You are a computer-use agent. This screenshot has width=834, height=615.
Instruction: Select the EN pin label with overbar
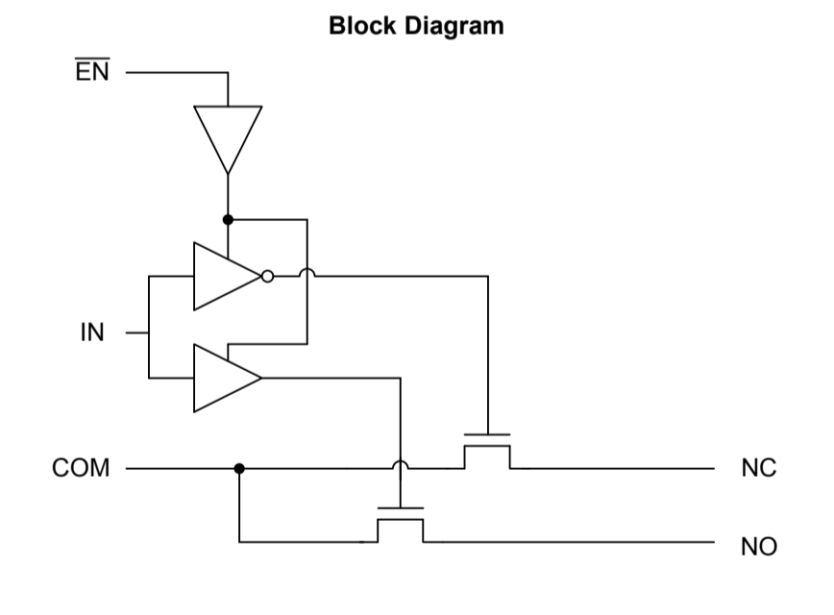pyautogui.click(x=92, y=72)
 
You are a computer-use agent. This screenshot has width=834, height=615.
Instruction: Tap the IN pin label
pyautogui.click(x=91, y=334)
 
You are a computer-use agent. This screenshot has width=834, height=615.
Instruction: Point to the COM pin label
pyautogui.click(x=82, y=469)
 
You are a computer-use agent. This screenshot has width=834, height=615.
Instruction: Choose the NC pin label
pyautogui.click(x=758, y=469)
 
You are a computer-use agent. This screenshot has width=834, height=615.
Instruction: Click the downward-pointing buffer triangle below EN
pyautogui.click(x=228, y=134)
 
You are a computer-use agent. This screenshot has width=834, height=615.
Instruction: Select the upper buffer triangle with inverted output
pyautogui.click(x=222, y=277)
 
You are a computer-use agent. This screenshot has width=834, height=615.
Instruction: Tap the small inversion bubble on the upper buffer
pyautogui.click(x=268, y=277)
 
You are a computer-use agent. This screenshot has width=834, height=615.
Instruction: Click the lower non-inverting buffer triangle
pyautogui.click(x=222, y=378)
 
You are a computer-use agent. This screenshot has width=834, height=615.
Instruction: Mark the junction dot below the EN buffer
pyautogui.click(x=228, y=220)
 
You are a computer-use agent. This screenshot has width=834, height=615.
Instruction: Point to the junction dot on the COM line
pyautogui.click(x=239, y=469)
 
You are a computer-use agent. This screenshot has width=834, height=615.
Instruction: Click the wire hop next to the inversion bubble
pyautogui.click(x=306, y=275)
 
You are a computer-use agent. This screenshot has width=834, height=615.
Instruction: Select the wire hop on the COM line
pyautogui.click(x=401, y=467)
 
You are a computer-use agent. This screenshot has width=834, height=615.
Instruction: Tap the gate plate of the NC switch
pyautogui.click(x=487, y=435)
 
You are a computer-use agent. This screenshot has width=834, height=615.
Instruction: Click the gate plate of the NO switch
pyautogui.click(x=400, y=508)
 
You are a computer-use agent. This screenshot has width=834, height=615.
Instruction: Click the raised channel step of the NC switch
pyautogui.click(x=487, y=446)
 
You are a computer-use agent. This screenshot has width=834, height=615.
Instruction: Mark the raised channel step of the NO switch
pyautogui.click(x=400, y=520)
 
